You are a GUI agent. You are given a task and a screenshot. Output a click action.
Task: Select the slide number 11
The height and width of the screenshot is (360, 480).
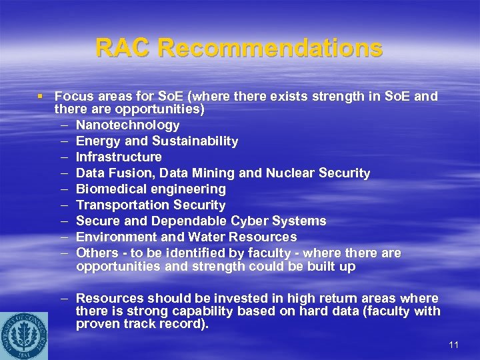coord(454,345)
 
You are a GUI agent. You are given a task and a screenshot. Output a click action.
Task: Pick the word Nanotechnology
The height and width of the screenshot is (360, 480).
coord(127,125)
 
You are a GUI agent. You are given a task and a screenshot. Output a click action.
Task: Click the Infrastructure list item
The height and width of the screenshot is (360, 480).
coord(119,157)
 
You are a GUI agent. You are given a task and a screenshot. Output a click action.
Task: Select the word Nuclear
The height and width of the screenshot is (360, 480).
coord(290,173)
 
